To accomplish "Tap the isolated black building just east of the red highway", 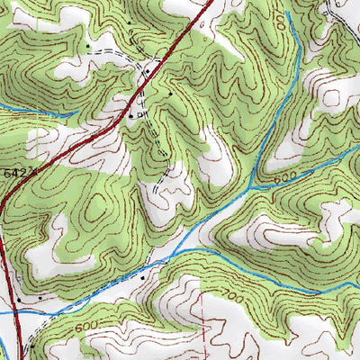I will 170,93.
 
